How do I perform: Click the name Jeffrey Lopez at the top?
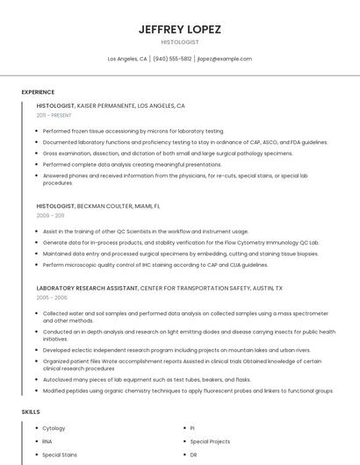pyautogui.click(x=180, y=29)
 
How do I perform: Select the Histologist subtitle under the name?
pyautogui.click(x=180, y=42)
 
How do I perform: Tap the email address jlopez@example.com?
pyautogui.click(x=225, y=59)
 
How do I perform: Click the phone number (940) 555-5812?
pyautogui.click(x=172, y=59)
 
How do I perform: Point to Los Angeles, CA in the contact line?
pyautogui.click(x=127, y=59)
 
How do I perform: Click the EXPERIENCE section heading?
pyautogui.click(x=38, y=91)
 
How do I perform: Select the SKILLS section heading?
pyautogui.click(x=31, y=411)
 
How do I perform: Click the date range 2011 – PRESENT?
pyautogui.click(x=54, y=115)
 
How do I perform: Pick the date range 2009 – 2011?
pyautogui.click(x=50, y=215)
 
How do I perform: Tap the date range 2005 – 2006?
pyautogui.click(x=52, y=297)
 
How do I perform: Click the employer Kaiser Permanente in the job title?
pyautogui.click(x=105, y=105)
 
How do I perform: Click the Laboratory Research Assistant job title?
pyautogui.click(x=87, y=288)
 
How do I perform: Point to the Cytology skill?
pyautogui.click(x=54, y=428)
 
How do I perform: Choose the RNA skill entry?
pyautogui.click(x=47, y=441)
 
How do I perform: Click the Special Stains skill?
pyautogui.click(x=60, y=455)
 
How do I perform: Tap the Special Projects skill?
pyautogui.click(x=209, y=441)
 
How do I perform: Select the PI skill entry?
pyautogui.click(x=192, y=428)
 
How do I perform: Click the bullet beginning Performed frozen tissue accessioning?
pyautogui.click(x=133, y=131)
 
